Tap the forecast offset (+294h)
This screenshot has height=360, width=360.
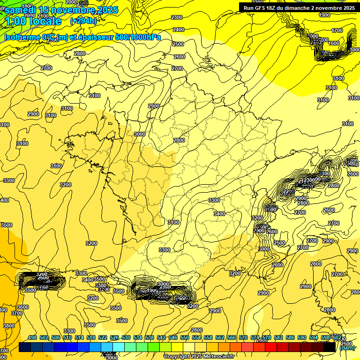84,21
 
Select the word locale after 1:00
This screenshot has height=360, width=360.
45,21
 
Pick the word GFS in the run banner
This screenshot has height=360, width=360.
265,8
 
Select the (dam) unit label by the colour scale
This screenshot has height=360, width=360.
347,348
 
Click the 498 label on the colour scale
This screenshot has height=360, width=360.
32,337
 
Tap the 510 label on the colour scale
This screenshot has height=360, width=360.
67,337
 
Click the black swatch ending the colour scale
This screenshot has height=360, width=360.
329,347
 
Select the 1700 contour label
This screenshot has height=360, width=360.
337,30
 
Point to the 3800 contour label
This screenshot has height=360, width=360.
8,326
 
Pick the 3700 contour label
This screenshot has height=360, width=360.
17,313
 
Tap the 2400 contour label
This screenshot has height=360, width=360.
179,30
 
